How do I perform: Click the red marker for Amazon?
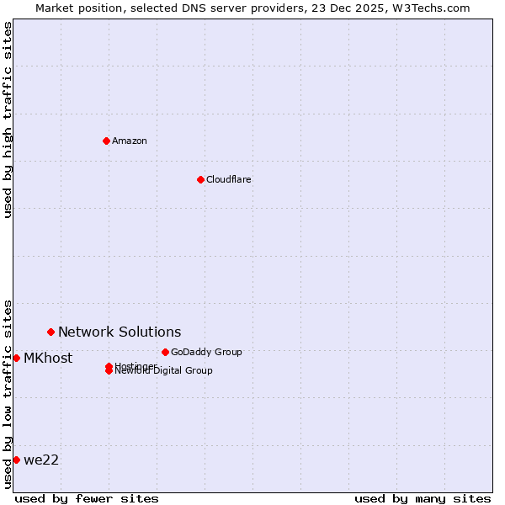pyautogui.click(x=106, y=141)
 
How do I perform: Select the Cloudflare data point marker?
pyautogui.click(x=200, y=179)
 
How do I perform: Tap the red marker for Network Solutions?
pyautogui.click(x=50, y=332)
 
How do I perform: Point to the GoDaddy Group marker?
pyautogui.click(x=165, y=352)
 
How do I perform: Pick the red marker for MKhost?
pyautogui.click(x=16, y=358)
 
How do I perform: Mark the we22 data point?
pyautogui.click(x=16, y=460)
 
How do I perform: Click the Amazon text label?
pyautogui.click(x=130, y=141)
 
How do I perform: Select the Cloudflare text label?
pyautogui.click(x=228, y=179)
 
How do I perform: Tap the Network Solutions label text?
pyautogui.click(x=120, y=332)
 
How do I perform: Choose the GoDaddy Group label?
pyautogui.click(x=206, y=352)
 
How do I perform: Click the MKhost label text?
pyautogui.click(x=48, y=358)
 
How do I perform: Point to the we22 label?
pyautogui.click(x=41, y=460)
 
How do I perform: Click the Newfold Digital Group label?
pyautogui.click(x=164, y=371)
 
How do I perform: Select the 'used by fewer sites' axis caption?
pyautogui.click(x=87, y=498)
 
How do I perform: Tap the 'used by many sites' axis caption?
pyautogui.click(x=423, y=498)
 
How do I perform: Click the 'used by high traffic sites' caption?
pyautogui.click(x=8, y=120)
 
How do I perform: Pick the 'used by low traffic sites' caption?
pyautogui.click(x=8, y=393)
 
